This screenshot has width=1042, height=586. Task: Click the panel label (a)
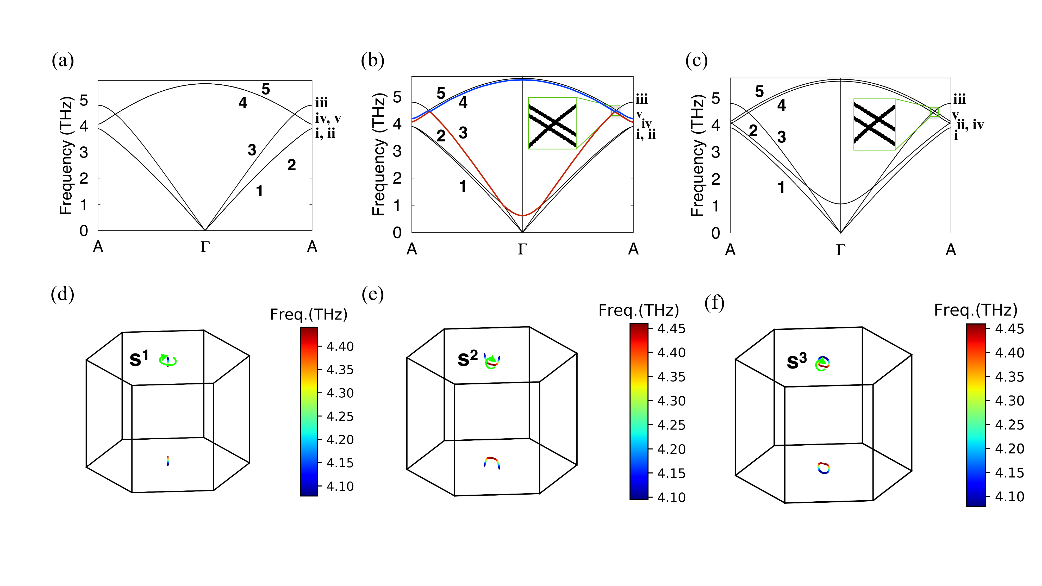tap(63, 61)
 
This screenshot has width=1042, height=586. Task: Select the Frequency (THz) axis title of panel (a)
tap(66, 156)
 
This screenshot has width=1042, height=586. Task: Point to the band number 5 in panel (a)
tap(265, 89)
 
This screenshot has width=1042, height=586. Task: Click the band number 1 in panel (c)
tap(781, 188)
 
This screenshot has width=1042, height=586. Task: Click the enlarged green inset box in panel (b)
tap(552, 123)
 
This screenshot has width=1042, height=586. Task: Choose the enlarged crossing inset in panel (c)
tap(874, 124)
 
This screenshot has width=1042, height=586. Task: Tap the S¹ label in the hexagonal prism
tap(139, 358)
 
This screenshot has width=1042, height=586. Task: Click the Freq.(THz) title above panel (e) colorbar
tap(638, 310)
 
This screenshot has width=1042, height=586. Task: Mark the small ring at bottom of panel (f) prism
tap(823, 468)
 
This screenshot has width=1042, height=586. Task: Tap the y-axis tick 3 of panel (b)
tap(397, 151)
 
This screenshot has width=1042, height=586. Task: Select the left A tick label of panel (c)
tap(730, 250)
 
